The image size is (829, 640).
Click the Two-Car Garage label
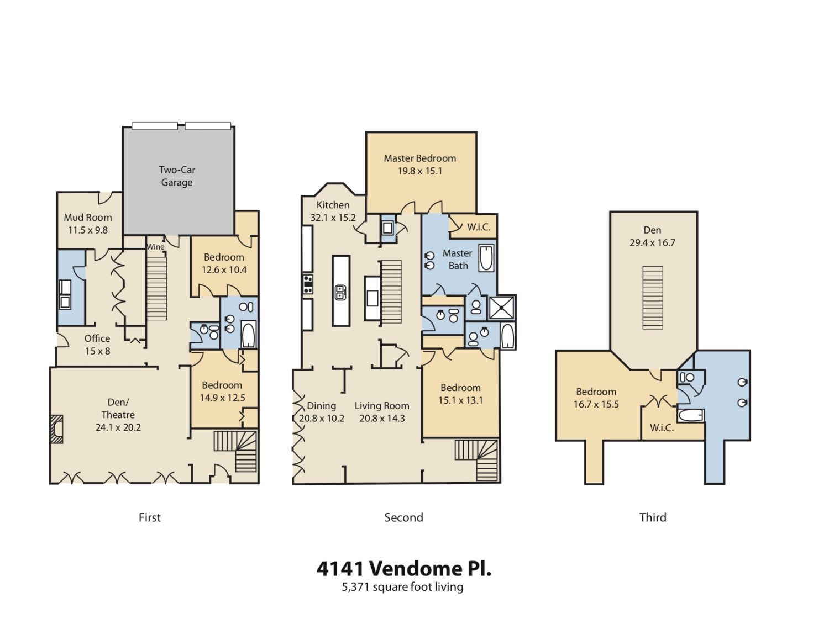[177, 176]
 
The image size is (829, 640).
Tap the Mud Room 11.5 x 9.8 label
[88, 224]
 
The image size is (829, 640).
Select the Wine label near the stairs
[156, 247]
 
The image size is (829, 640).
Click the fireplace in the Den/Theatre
[56, 429]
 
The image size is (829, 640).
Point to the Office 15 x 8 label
[97, 345]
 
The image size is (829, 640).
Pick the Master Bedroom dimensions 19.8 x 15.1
[419, 171]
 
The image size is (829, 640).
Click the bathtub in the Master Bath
[486, 258]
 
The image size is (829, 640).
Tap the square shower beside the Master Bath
[502, 308]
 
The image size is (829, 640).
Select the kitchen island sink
[340, 292]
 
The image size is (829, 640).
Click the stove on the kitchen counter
[308, 284]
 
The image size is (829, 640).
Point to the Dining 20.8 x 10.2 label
[322, 412]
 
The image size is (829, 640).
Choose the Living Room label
[382, 406]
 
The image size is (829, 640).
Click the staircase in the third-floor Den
[652, 298]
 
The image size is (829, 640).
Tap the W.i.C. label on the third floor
[662, 428]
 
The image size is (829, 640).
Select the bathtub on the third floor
[690, 415]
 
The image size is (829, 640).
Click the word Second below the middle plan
[403, 517]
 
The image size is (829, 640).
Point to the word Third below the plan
[653, 517]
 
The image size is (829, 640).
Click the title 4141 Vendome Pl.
[403, 569]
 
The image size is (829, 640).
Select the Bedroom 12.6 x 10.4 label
[224, 263]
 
